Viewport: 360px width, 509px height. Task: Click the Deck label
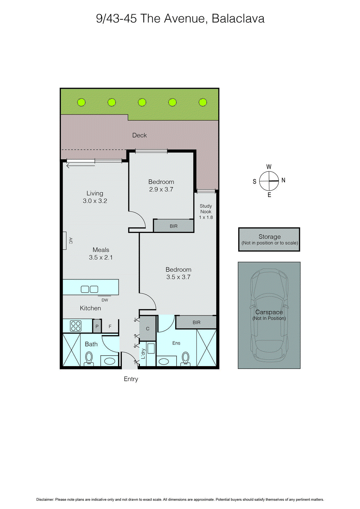(139, 135)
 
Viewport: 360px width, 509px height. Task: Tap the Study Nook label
(206, 209)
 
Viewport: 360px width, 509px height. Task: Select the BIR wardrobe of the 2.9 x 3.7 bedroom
(174, 226)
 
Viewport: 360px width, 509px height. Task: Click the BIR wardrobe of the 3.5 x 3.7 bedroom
(196, 322)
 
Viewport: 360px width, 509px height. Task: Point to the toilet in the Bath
(89, 358)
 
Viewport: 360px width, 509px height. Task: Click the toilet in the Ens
(185, 358)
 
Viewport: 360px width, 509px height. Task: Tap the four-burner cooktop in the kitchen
(76, 326)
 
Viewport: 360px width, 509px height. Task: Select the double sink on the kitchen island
(89, 289)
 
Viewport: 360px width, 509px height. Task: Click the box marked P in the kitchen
(97, 326)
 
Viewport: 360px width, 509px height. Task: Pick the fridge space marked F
(110, 326)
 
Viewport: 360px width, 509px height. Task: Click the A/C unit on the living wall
(65, 241)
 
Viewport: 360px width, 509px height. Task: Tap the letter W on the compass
(269, 167)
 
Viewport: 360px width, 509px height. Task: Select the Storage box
(269, 240)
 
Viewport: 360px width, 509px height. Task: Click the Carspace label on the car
(269, 312)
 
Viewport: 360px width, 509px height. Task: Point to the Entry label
(131, 379)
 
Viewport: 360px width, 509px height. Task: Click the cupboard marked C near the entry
(148, 328)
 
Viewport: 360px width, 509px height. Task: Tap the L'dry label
(143, 353)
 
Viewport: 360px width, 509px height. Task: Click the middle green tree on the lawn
(142, 102)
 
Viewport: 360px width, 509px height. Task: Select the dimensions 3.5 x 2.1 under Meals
(101, 257)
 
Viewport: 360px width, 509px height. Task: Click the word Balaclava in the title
(238, 18)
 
